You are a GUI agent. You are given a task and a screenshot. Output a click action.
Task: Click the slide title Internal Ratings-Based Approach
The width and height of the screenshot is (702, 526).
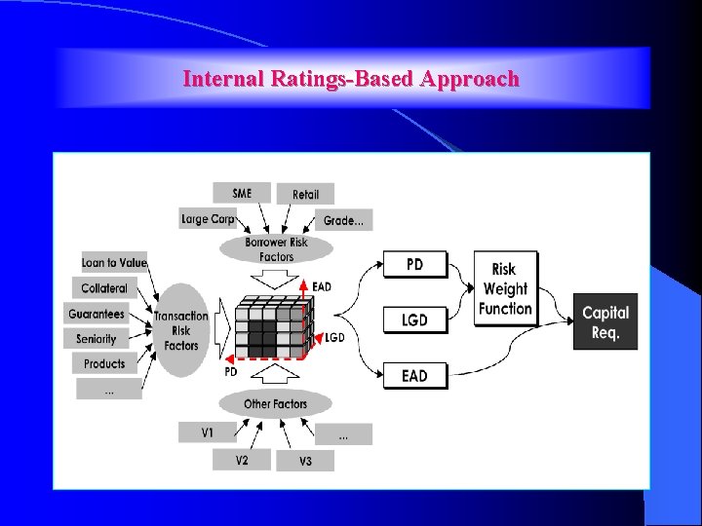(x=351, y=79)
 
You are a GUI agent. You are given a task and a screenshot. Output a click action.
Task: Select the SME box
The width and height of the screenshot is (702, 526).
(x=242, y=193)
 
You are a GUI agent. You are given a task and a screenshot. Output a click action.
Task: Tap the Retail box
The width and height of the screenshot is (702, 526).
(x=305, y=194)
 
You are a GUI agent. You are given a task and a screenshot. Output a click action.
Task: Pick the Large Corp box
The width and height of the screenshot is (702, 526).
(x=208, y=219)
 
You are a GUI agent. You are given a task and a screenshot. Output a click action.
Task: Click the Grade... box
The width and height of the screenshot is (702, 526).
(x=343, y=220)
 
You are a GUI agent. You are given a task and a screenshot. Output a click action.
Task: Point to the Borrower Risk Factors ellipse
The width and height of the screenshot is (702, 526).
(x=276, y=249)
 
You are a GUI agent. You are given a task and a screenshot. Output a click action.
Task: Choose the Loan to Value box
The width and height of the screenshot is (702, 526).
(x=114, y=262)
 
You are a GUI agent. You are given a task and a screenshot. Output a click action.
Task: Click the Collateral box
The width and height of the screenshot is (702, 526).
(x=104, y=288)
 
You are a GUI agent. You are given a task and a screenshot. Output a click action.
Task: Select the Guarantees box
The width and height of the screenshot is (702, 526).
(x=97, y=314)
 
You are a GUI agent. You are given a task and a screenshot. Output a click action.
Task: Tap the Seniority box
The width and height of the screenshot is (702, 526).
(x=97, y=339)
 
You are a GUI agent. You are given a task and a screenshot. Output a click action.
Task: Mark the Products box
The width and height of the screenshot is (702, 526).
(x=104, y=363)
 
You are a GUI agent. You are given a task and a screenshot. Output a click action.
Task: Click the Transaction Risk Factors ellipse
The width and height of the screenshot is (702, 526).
(x=181, y=330)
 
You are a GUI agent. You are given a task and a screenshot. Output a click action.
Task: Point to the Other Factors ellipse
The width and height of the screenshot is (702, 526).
(x=275, y=403)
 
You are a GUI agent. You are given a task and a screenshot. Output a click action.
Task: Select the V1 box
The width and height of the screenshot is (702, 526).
(x=207, y=432)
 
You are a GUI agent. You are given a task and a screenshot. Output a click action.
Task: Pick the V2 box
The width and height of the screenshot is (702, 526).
(x=242, y=460)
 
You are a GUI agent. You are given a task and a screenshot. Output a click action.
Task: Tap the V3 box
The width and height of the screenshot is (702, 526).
(x=305, y=460)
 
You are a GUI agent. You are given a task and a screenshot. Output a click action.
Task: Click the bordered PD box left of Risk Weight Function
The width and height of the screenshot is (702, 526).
(x=414, y=264)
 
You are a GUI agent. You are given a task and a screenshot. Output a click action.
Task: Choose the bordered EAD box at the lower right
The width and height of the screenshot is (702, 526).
(x=414, y=375)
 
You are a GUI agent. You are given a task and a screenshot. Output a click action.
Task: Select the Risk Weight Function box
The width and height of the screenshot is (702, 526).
(x=505, y=289)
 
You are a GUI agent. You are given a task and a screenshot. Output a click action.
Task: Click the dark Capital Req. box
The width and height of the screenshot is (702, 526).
(x=605, y=322)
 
